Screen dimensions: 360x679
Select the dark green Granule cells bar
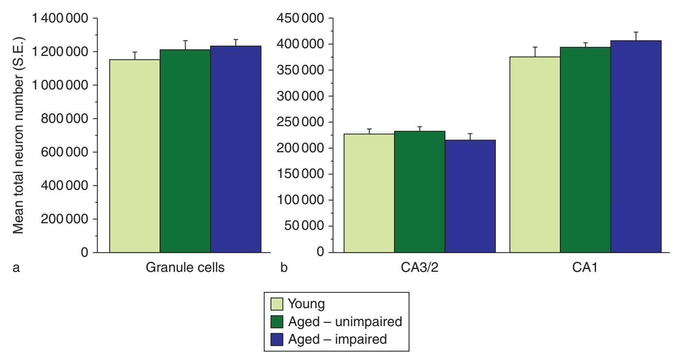(x=185, y=151)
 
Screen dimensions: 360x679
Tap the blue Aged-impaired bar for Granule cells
(x=236, y=149)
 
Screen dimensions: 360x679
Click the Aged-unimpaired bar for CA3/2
(x=419, y=192)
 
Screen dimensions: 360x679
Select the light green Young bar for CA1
(x=535, y=155)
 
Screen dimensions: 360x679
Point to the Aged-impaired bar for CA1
(x=636, y=147)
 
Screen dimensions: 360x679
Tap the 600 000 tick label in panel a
(x=64, y=152)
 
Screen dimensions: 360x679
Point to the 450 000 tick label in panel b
(x=300, y=18)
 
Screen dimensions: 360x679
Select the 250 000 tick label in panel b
(x=300, y=122)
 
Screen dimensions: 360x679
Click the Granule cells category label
(x=185, y=267)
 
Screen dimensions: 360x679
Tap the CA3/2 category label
(x=419, y=267)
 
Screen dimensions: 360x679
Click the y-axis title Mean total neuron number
(x=18, y=135)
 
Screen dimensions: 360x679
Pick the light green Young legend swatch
(x=277, y=304)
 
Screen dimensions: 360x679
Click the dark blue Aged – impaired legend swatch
(x=277, y=340)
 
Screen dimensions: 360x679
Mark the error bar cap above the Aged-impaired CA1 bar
(x=636, y=32)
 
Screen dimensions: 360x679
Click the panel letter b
(x=284, y=268)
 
